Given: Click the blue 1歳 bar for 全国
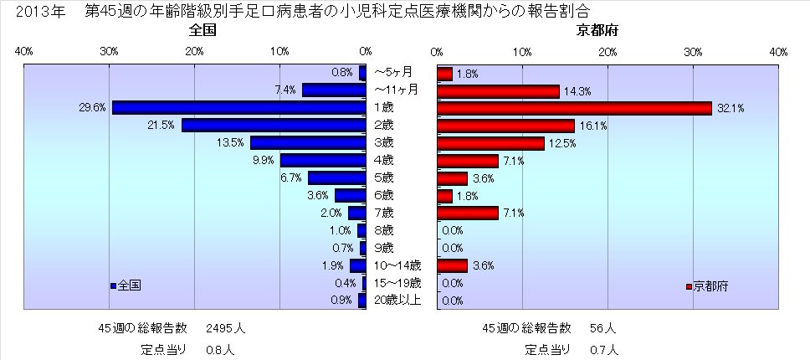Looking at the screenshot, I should pos(238,107).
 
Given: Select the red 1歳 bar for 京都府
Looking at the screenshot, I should pos(574,107).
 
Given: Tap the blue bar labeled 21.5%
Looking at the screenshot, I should pos(274,125).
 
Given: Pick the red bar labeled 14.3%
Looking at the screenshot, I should pos(498,90).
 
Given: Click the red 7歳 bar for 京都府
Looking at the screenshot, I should pos(468,213).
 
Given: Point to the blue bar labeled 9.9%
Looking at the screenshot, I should pos(323,160).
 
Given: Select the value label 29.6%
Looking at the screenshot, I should pos(95,107).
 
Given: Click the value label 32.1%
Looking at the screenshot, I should pos(729,108).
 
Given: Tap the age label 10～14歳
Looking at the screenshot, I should pos(392,265).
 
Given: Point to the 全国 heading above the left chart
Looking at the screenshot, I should pos(203,32).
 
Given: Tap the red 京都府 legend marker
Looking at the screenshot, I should pos(689,286).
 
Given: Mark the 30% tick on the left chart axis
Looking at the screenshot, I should pos(109,52).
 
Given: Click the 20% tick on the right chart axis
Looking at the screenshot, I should pos(608,52).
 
